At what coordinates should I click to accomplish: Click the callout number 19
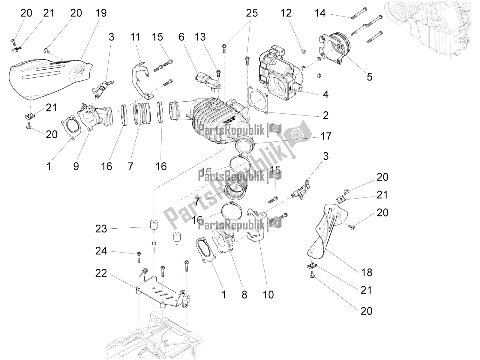(x=101, y=13)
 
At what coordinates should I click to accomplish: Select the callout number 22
(x=101, y=273)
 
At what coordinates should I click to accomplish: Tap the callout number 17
(x=326, y=136)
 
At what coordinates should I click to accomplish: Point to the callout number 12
(x=286, y=13)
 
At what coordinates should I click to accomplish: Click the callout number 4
(x=325, y=95)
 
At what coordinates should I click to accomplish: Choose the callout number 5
(x=370, y=77)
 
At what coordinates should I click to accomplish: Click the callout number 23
(x=101, y=229)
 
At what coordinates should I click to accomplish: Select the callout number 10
(x=268, y=295)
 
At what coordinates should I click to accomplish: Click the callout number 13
(x=200, y=37)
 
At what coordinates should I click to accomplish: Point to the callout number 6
(x=181, y=37)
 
